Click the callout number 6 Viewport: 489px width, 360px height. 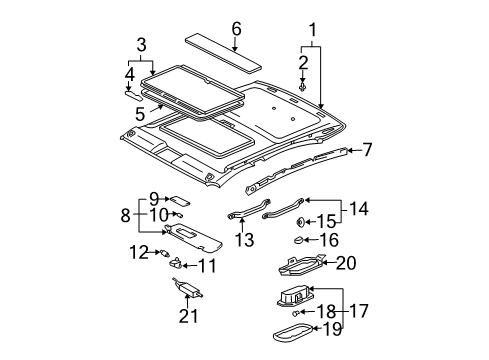coord(236,29)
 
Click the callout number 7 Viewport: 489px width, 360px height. coord(367,150)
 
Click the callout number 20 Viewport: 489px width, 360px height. coord(346,264)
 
